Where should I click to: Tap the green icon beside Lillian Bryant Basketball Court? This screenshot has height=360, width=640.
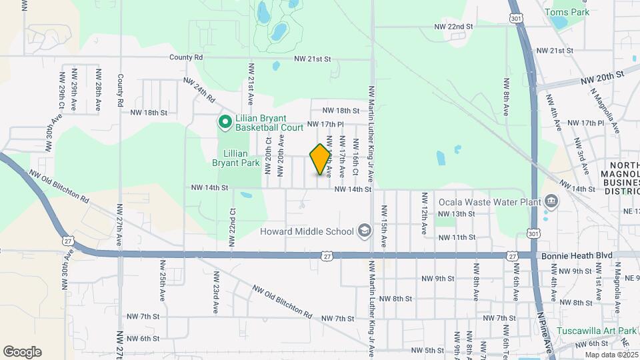225,121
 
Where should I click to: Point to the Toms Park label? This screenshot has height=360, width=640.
567,12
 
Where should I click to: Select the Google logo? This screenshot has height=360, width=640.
22,352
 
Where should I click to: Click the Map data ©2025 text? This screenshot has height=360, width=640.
611,355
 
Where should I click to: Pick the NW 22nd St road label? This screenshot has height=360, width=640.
453,27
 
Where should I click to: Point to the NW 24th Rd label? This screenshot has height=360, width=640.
200,89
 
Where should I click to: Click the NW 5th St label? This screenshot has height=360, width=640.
427,350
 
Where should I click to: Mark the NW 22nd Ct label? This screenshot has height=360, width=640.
233,227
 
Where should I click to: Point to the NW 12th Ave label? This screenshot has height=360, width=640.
423,213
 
